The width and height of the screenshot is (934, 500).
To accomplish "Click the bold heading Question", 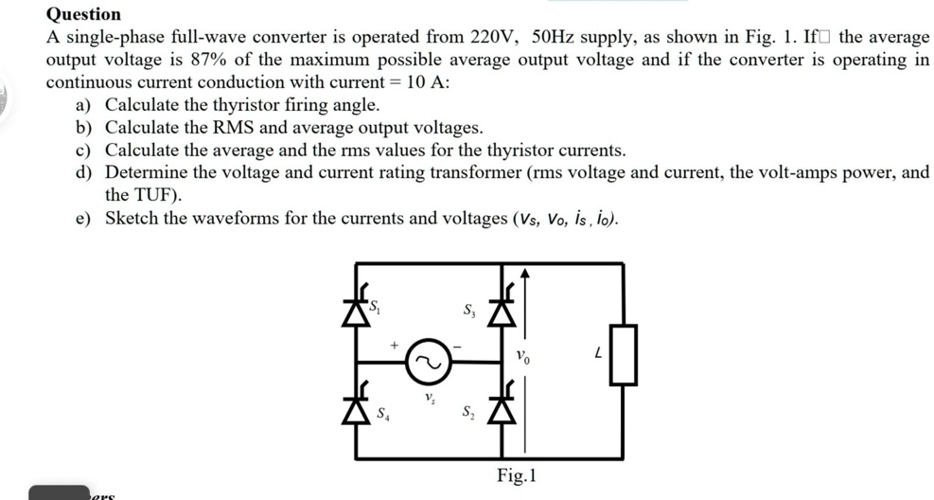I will pos(83,14).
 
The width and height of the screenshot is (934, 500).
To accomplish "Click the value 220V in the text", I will pos(492,37).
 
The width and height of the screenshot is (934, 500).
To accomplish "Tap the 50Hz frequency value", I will pos(553,37).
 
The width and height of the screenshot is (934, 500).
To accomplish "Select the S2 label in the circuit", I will pos(468,411).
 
